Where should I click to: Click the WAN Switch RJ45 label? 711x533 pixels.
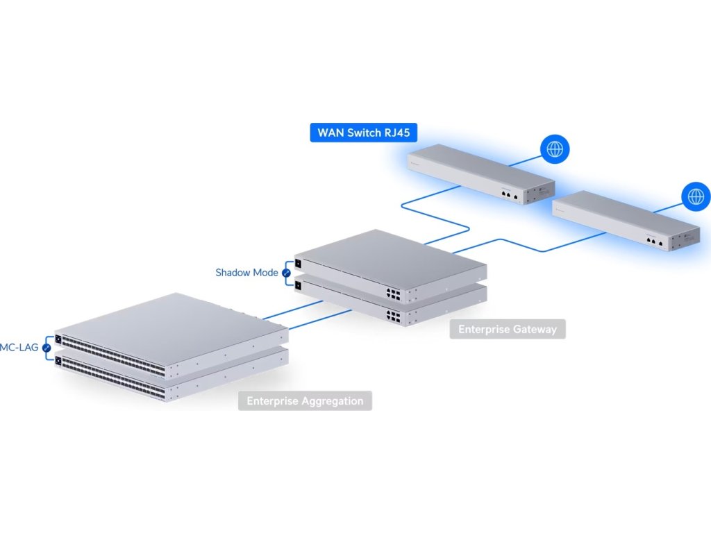pyautogui.click(x=358, y=133)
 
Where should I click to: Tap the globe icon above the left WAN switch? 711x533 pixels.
pyautogui.click(x=555, y=149)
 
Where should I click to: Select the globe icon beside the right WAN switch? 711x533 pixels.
pyautogui.click(x=694, y=196)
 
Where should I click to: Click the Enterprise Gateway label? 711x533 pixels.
pyautogui.click(x=508, y=329)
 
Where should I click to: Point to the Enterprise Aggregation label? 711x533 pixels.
pyautogui.click(x=305, y=400)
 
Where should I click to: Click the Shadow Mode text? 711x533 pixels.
pyautogui.click(x=246, y=273)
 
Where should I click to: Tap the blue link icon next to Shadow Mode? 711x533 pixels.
pyautogui.click(x=285, y=273)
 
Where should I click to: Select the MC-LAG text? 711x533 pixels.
pyautogui.click(x=19, y=347)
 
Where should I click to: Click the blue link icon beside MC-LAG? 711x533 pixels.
pyautogui.click(x=47, y=347)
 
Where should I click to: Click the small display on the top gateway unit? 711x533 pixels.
pyautogui.click(x=299, y=263)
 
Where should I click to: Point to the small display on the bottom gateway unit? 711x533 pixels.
pyautogui.click(x=299, y=283)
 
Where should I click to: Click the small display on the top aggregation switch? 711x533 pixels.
pyautogui.click(x=58, y=340)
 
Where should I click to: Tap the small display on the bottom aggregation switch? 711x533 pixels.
pyautogui.click(x=58, y=360)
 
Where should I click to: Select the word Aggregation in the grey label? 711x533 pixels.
pyautogui.click(x=331, y=400)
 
